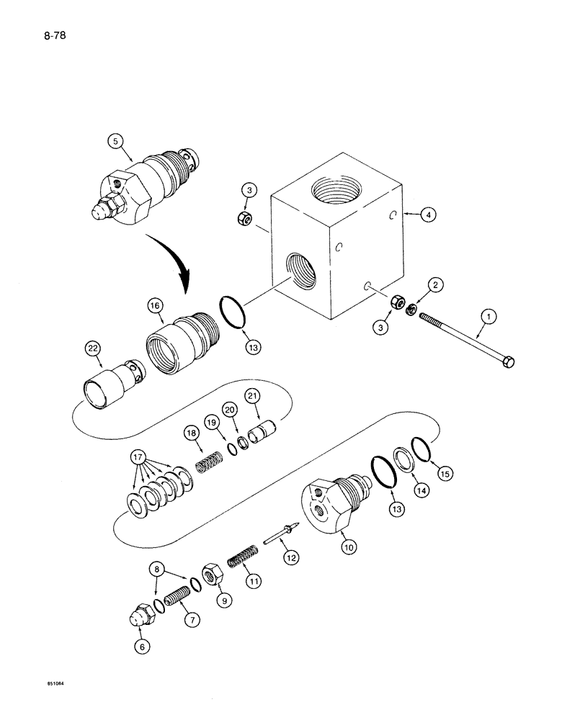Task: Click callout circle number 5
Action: click(x=114, y=141)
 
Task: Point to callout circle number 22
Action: click(x=92, y=348)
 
